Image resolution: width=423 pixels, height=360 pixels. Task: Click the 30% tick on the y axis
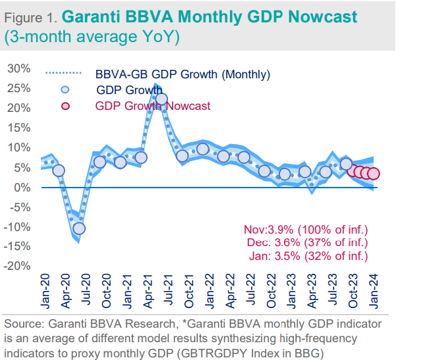20,68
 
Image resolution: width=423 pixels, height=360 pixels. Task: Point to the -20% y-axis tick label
18,266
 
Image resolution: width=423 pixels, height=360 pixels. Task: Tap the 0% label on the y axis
24,187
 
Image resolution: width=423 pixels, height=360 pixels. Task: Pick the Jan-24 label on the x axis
374,290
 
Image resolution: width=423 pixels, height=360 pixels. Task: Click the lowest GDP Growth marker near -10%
79,228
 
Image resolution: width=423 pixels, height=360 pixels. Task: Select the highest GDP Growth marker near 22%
161,99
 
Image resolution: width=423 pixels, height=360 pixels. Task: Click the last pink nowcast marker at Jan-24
373,174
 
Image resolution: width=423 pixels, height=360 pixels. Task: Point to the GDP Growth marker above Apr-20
59,170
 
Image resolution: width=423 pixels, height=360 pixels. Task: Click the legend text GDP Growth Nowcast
153,105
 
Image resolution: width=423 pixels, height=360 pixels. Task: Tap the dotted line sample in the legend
63,74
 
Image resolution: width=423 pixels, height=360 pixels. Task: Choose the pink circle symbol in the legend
64,106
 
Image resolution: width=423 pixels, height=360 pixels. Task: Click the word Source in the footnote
21,324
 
